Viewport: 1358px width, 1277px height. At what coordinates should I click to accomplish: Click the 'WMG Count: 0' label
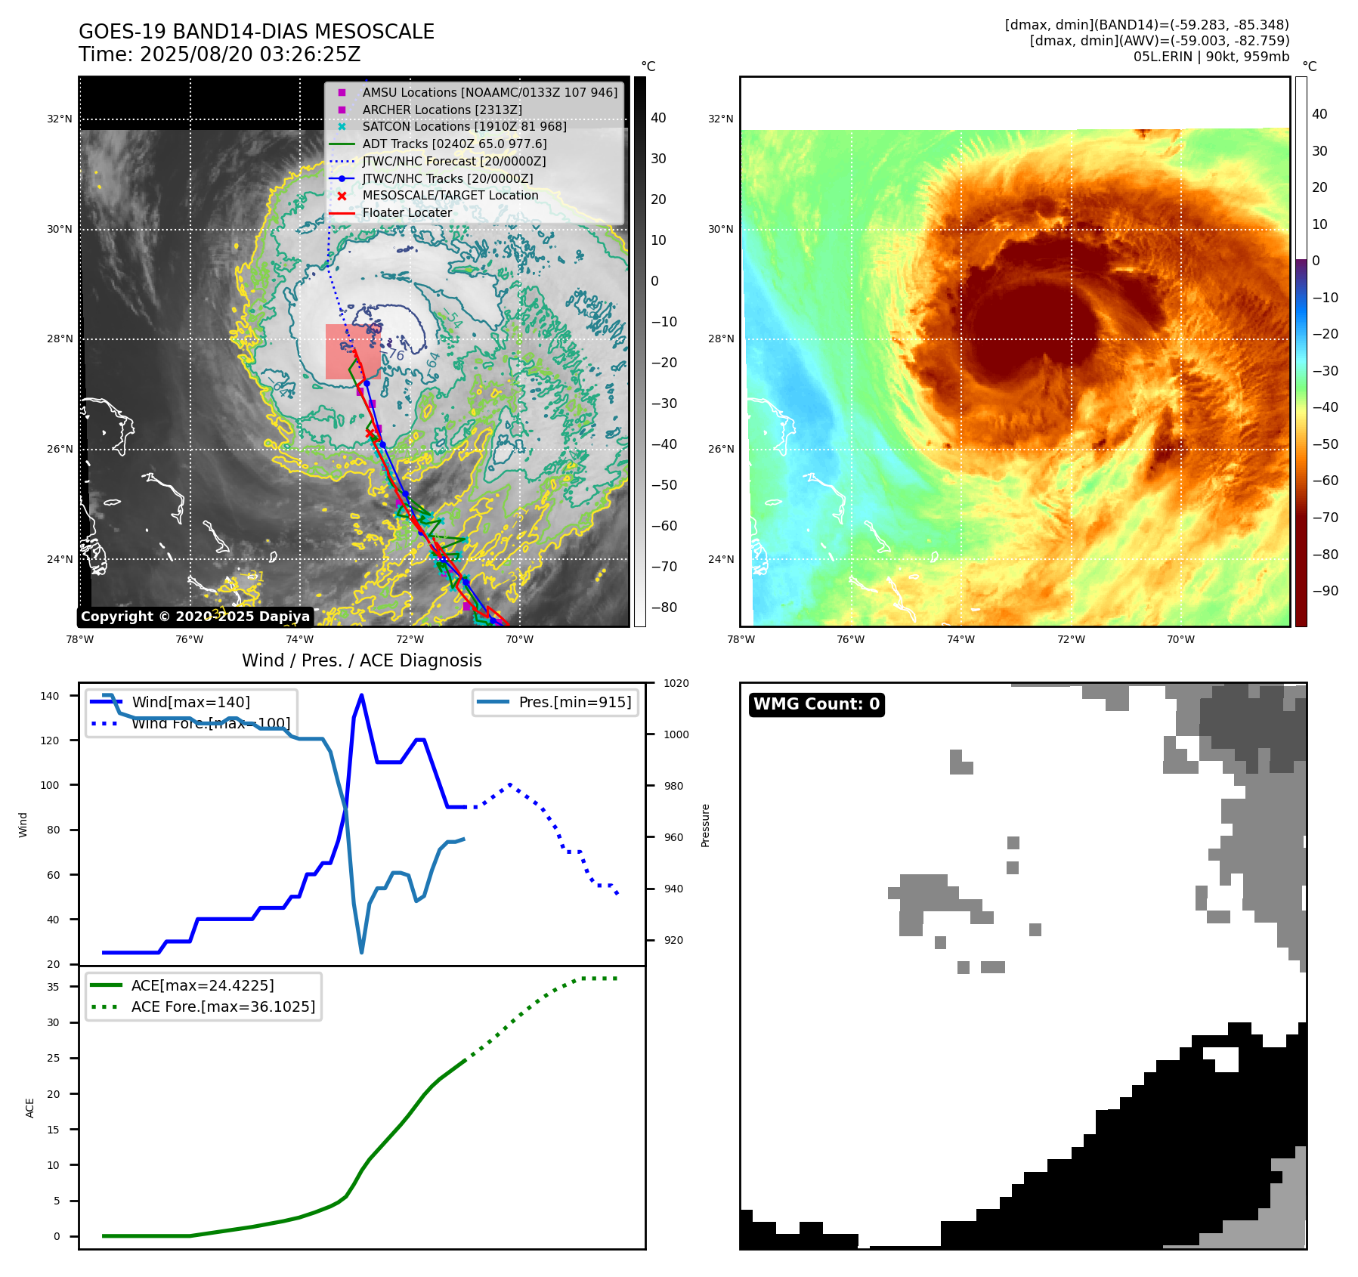pos(816,704)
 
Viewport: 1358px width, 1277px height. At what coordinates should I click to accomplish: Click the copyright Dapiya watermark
pos(195,617)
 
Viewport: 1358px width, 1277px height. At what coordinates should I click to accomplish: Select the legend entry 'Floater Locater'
pos(407,213)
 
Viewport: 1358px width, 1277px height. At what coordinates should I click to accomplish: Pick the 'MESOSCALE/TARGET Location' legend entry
pos(450,196)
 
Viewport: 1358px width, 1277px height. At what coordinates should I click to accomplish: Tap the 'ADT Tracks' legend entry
pos(454,144)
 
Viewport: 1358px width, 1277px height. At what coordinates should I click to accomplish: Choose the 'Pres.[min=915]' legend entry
pos(574,702)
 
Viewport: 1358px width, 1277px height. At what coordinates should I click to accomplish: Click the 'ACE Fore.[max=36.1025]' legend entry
pos(223,1006)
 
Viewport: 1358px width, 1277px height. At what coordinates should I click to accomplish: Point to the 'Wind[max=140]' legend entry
pos(190,702)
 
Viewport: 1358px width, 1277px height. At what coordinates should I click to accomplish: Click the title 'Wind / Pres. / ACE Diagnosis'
pos(361,660)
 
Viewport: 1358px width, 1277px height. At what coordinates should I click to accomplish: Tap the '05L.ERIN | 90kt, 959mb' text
pos(1211,57)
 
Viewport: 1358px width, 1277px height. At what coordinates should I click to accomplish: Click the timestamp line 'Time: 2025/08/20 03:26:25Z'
pos(219,54)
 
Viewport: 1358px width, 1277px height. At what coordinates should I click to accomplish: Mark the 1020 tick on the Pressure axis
pos(676,683)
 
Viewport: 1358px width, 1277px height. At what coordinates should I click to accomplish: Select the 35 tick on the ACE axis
pos(53,987)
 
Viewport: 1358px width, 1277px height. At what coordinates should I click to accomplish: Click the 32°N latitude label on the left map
pos(60,119)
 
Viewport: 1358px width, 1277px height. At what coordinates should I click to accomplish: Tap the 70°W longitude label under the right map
pos(1180,639)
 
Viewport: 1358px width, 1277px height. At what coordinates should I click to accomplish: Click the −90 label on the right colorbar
pos(1325,591)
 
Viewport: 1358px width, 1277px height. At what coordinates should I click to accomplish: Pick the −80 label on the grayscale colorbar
pos(664,608)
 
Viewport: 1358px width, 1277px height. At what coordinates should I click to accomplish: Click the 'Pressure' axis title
pos(706,825)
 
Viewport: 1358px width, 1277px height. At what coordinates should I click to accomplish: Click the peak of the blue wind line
pos(361,695)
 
